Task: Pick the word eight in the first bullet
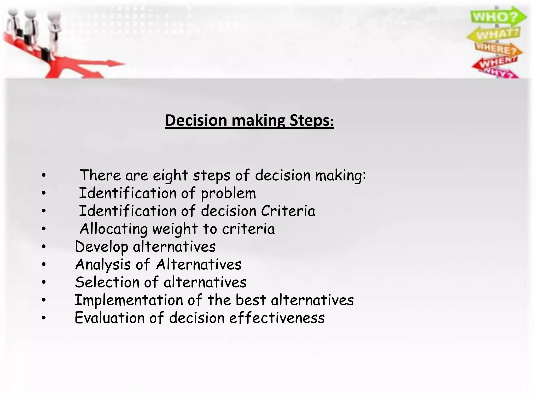pos(170,175)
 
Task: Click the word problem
pos(228,194)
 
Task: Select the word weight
pos(175,229)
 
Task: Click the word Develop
pos(102,247)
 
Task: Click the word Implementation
pos(129,300)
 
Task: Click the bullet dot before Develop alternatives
pos(44,247)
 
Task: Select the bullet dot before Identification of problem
pos(44,193)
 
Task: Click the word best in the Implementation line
pos(251,300)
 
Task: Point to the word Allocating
pos(114,229)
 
